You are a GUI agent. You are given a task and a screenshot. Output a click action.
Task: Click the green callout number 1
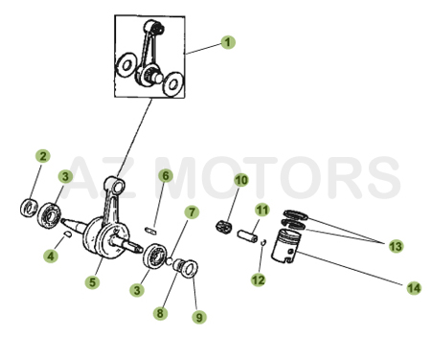click(227, 42)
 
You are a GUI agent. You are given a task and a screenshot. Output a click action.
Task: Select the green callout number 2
click(42, 156)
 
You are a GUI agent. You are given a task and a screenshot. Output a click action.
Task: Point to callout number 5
click(93, 282)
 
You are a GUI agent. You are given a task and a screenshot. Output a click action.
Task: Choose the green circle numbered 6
click(165, 176)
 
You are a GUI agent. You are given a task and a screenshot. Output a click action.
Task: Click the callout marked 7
click(192, 212)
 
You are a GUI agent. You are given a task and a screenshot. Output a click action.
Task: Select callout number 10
click(240, 180)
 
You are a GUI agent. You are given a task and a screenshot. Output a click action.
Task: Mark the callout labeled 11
click(261, 210)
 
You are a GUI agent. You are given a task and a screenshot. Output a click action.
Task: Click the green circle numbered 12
click(257, 280)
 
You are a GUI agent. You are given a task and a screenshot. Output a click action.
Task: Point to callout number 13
click(396, 246)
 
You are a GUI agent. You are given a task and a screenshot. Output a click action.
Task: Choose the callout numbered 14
click(414, 286)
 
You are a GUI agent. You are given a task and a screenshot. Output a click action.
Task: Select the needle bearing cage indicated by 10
click(225, 228)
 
